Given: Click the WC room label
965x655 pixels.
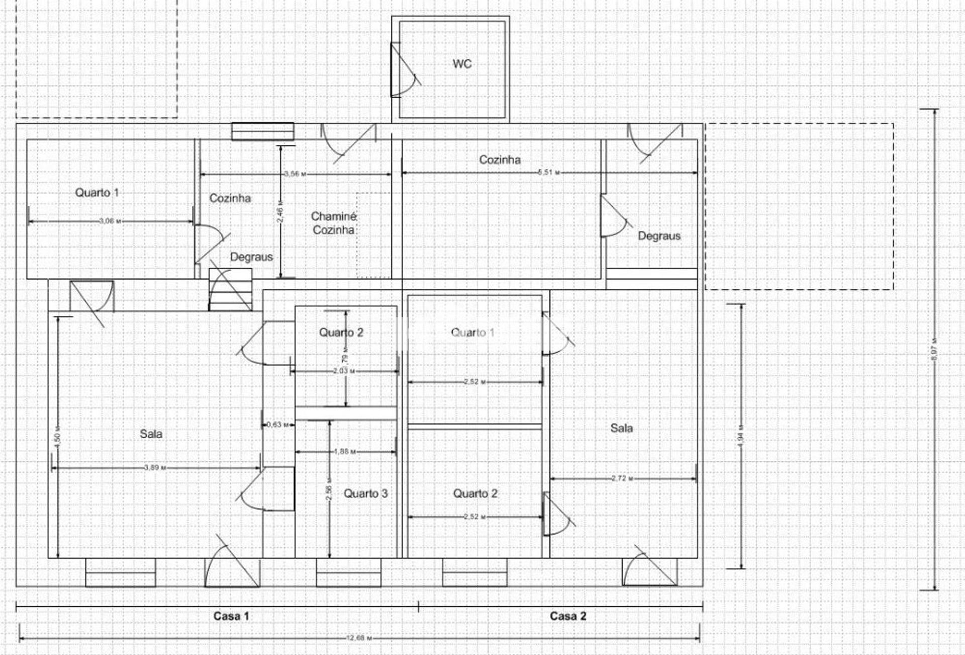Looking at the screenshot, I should click(x=462, y=64).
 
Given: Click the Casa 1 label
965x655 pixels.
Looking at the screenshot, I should click(x=231, y=616).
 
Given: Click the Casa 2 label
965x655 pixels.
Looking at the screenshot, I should click(x=568, y=616).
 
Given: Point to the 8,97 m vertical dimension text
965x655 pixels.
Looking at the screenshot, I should click(x=934, y=349).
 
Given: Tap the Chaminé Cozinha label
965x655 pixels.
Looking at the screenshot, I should click(x=334, y=223).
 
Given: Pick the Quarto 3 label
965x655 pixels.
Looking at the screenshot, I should click(x=365, y=494).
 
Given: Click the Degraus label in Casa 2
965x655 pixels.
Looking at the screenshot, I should click(x=659, y=236).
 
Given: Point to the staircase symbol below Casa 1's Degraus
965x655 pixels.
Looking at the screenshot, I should click(x=230, y=290).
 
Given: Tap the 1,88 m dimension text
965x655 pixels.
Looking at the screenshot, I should click(x=344, y=451).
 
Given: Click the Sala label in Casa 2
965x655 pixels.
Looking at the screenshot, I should click(x=621, y=428).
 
